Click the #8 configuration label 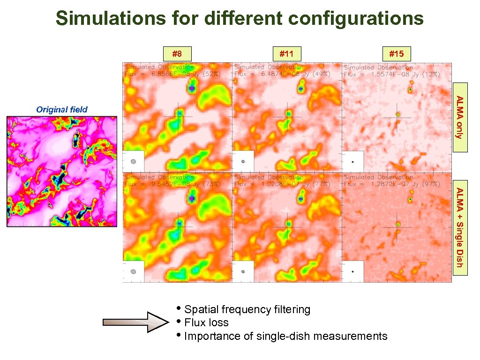point(177,54)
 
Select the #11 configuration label point(286,54)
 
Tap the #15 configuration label point(396,54)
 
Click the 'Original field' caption point(62,110)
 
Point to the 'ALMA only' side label point(460,117)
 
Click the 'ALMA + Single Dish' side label point(460,227)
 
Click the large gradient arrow point(135,322)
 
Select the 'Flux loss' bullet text point(206,322)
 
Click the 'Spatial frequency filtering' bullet point(247,309)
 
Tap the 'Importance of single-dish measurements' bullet point(285,336)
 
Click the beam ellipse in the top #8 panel point(134,161)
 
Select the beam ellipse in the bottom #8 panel point(134,271)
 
